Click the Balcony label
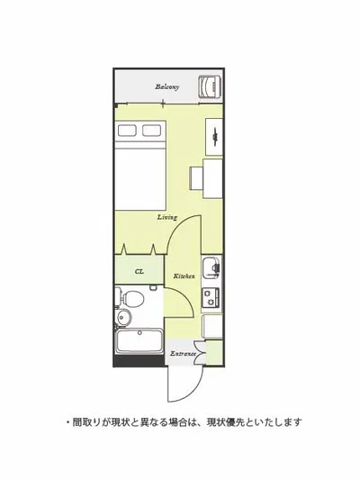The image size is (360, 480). (x=167, y=87)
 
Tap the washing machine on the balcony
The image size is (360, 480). (x=211, y=86)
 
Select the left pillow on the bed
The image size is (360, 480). (x=127, y=131)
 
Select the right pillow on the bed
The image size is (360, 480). (x=151, y=131)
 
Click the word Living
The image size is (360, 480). (x=167, y=217)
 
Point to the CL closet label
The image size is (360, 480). (x=139, y=272)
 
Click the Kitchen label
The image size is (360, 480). (x=184, y=276)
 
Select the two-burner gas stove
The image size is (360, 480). (x=211, y=297)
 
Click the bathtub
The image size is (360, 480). (x=139, y=341)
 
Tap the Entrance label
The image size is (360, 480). (x=183, y=354)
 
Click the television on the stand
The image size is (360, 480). (x=215, y=135)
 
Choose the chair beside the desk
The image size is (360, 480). (x=197, y=178)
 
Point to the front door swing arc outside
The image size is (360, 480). (x=193, y=392)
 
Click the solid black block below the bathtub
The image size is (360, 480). (x=139, y=360)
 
